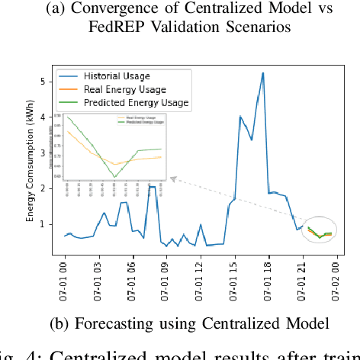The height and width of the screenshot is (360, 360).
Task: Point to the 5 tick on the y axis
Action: click(43, 81)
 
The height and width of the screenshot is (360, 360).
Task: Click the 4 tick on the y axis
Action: click(43, 117)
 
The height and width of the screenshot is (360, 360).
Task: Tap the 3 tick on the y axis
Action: click(43, 153)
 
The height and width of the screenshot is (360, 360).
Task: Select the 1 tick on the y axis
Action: click(43, 224)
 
